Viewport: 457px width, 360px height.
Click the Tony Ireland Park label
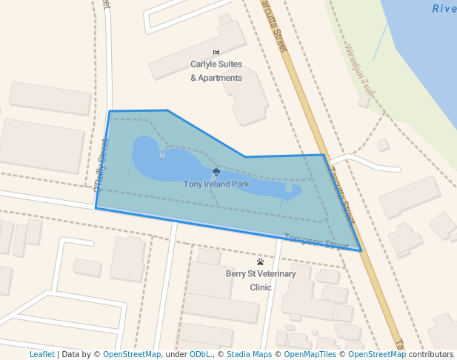[216, 184]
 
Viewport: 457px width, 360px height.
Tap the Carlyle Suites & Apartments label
[216, 71]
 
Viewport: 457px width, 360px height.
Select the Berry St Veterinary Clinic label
[261, 280]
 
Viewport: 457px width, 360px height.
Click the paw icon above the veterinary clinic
[260, 262]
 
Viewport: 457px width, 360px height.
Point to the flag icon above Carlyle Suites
[216, 53]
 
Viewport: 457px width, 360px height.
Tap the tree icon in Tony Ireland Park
[216, 172]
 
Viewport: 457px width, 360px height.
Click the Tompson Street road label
[316, 241]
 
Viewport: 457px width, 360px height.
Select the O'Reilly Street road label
[101, 162]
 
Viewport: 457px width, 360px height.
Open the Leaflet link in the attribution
[41, 355]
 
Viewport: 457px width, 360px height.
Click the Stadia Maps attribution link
[249, 355]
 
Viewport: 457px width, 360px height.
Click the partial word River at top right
[444, 9]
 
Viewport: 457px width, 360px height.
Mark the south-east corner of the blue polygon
[361, 251]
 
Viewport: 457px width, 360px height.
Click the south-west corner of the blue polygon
[96, 208]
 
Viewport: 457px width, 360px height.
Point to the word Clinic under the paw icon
[261, 287]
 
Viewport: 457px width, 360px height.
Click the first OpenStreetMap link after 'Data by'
[131, 355]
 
